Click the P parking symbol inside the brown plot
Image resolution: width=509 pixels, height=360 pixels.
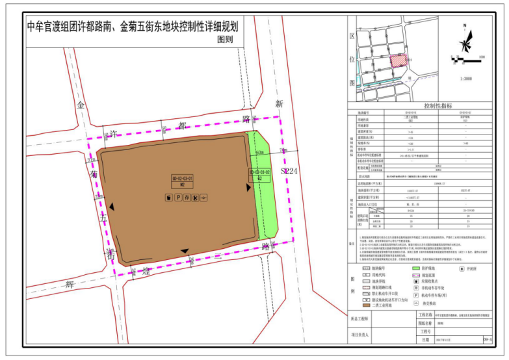click(177, 197)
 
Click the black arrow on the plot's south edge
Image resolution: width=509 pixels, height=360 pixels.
click(186, 251)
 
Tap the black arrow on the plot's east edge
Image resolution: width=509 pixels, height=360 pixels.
click(248, 187)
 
